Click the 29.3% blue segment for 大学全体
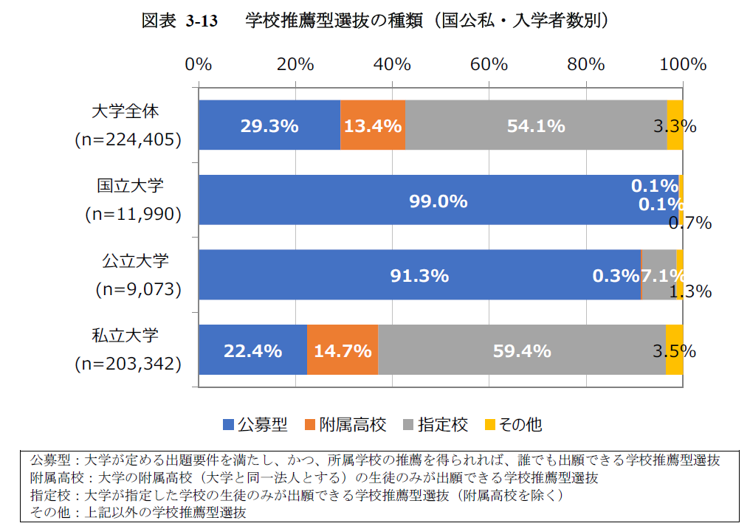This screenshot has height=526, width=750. coord(269,125)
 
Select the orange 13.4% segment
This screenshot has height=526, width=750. coord(373,125)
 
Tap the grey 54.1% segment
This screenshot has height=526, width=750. coord(536,125)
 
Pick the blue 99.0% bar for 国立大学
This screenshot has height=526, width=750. coord(438,201)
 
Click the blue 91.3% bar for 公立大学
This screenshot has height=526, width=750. coord(419,276)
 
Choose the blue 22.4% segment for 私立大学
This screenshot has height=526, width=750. coord(252,350)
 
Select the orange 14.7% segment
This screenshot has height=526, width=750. coord(343,350)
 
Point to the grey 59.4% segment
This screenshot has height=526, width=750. coord(522,350)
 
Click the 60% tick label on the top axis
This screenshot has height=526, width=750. coord(489,64)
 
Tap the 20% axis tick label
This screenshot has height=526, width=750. coord(295,64)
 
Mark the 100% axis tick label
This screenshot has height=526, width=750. coord(683,64)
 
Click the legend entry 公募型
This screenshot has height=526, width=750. coord(255,424)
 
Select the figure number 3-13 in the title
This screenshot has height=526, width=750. coord(202,21)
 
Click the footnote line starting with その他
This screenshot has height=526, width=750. coord(140,511)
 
